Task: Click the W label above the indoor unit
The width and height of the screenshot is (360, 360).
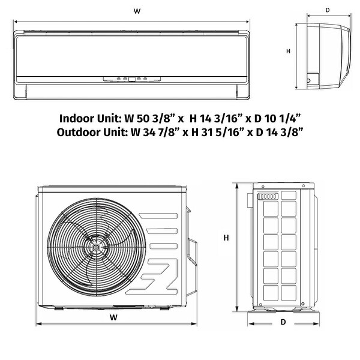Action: [137, 11]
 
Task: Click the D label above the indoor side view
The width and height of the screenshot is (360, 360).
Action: [328, 10]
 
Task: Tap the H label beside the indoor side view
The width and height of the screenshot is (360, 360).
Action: [289, 51]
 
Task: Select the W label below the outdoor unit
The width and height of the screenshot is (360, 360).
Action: [113, 317]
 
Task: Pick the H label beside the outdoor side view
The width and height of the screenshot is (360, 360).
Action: [226, 238]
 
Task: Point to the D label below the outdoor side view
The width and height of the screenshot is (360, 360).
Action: [283, 322]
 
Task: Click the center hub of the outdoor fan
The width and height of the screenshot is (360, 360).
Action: [95, 247]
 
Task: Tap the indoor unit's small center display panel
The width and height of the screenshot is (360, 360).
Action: [132, 79]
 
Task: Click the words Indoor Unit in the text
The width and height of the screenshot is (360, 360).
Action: [90, 119]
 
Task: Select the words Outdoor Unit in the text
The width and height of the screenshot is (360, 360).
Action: [92, 133]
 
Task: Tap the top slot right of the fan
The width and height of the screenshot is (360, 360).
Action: [158, 216]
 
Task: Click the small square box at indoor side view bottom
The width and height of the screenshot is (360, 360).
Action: [313, 79]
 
